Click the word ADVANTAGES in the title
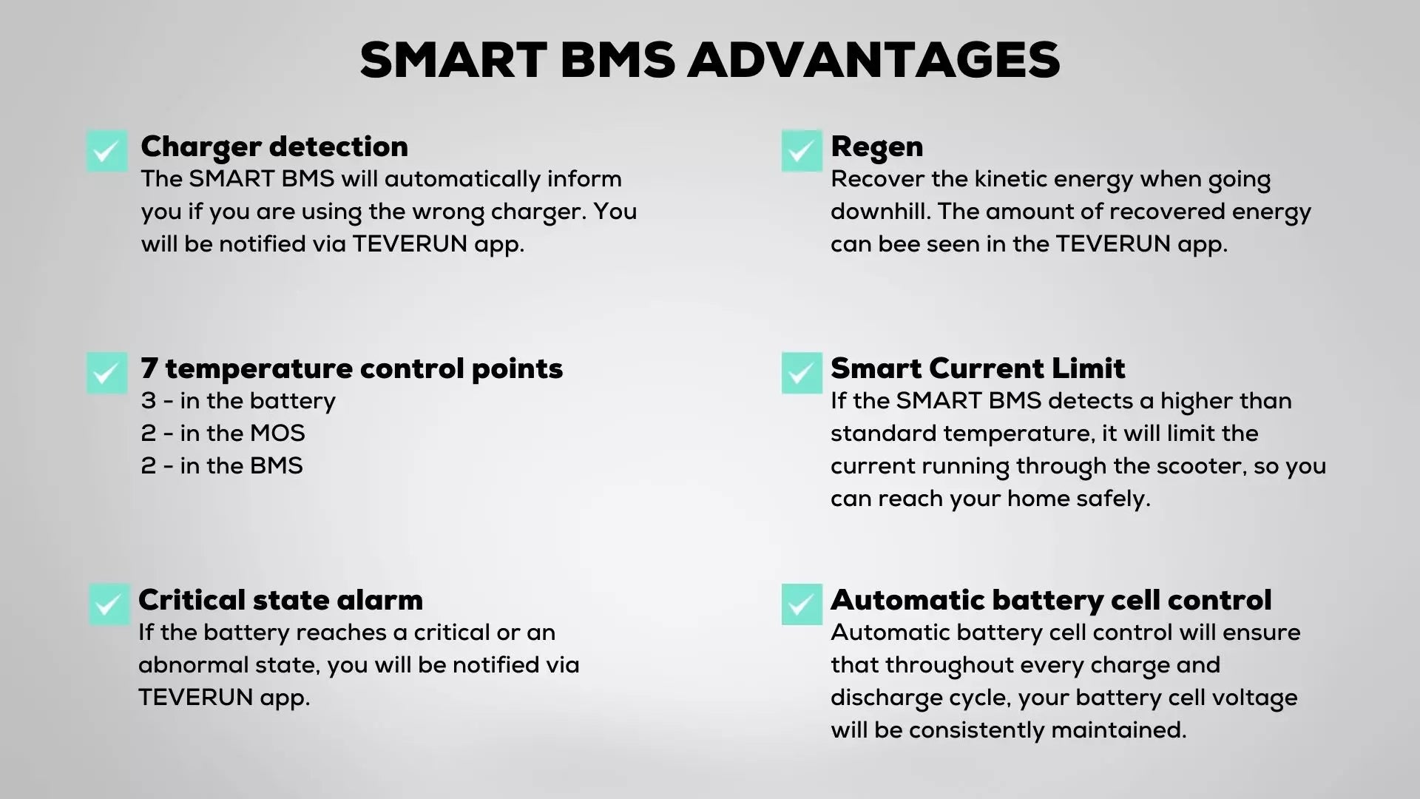[874, 60]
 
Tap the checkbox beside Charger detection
[107, 151]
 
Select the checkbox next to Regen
[802, 151]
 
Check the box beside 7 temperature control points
[107, 373]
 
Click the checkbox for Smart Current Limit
[802, 373]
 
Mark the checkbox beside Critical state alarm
[109, 604]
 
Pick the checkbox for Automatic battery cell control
[802, 604]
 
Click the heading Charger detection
[274, 146]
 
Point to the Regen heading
[877, 147]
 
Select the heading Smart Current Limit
[978, 368]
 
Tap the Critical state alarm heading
[280, 600]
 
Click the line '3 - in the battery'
[238, 402]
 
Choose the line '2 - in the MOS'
[223, 434]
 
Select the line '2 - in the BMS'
[222, 466]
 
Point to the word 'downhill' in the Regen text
[880, 212]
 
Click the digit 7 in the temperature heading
[149, 368]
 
